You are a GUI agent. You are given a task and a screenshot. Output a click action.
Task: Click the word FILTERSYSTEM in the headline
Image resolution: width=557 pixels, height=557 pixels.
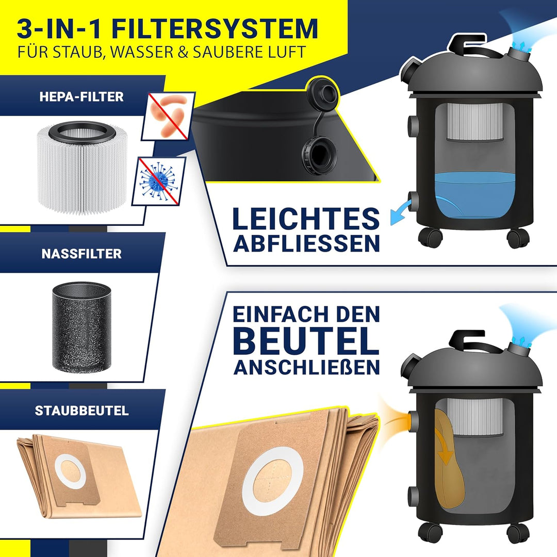tap(215, 28)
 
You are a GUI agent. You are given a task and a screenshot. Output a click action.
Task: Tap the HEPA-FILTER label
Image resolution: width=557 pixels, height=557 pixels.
tap(81, 96)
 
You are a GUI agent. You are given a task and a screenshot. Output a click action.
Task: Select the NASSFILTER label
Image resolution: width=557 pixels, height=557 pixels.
tap(81, 254)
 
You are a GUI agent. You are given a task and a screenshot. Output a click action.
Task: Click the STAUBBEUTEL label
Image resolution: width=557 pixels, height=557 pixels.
tap(81, 411)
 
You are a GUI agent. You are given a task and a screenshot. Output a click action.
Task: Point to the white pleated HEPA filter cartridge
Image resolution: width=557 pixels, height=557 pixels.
tap(82, 168)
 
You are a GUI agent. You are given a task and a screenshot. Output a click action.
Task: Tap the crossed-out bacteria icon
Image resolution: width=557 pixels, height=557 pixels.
tap(169, 116)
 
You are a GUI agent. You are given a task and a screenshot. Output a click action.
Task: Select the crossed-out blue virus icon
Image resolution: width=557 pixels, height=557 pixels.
tap(159, 181)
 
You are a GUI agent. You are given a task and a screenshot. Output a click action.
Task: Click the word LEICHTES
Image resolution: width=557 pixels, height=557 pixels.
tap(306, 219)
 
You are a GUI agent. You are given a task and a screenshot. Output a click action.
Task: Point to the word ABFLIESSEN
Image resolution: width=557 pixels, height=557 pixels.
tap(306, 243)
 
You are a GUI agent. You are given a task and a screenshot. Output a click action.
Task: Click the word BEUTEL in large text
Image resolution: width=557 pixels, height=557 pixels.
tap(306, 341)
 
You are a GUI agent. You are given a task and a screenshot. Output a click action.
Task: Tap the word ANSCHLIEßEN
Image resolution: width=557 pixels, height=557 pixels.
tap(306, 367)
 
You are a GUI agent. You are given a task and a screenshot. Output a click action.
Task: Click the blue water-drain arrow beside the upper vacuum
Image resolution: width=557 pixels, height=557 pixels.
tap(401, 212)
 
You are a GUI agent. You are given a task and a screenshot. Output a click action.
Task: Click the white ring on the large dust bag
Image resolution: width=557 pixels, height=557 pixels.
tap(272, 481)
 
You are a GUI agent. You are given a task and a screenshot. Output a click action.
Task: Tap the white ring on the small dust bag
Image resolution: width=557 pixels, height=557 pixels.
tap(70, 471)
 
